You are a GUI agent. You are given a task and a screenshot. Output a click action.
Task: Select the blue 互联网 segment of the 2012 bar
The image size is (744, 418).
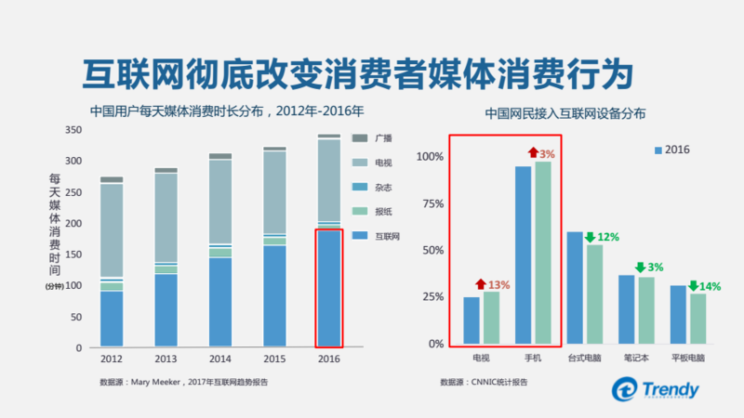[112, 319]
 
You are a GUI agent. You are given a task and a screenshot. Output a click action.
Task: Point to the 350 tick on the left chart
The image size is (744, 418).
[73, 131]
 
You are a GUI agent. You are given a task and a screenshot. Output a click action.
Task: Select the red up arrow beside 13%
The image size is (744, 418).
[480, 285]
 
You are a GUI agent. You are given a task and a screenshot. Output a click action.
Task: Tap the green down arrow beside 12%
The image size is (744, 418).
[590, 238]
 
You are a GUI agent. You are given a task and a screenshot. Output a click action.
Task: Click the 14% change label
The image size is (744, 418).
[711, 286]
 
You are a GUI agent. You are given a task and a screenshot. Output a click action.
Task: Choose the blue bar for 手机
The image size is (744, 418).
[523, 255]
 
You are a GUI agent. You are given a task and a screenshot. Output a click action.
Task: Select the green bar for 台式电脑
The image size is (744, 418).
[595, 294]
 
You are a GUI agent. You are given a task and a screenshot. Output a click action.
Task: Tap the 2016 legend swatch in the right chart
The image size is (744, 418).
[658, 150]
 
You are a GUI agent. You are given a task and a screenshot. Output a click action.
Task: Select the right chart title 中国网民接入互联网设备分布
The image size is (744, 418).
[565, 114]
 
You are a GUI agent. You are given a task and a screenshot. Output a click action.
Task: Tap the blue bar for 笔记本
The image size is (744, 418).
[627, 309]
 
